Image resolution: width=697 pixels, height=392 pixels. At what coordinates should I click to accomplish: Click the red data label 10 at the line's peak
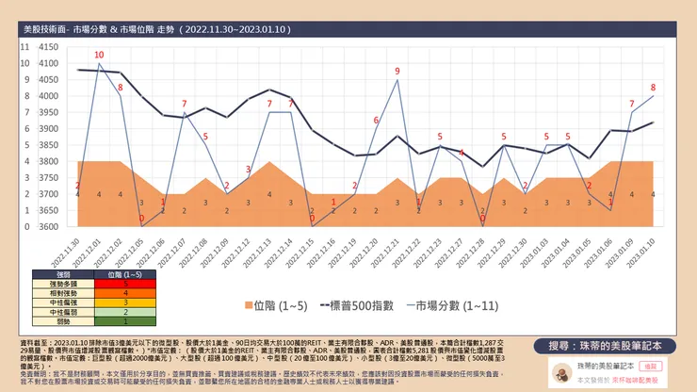99,56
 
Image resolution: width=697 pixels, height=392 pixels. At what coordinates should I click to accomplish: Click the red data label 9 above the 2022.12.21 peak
397,72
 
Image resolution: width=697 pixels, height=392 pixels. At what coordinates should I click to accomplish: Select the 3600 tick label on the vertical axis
45,227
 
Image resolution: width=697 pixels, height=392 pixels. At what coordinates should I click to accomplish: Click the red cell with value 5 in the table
125,282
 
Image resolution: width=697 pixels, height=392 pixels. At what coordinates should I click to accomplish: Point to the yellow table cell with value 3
125,301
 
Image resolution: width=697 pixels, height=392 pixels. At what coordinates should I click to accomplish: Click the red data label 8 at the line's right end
653,88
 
